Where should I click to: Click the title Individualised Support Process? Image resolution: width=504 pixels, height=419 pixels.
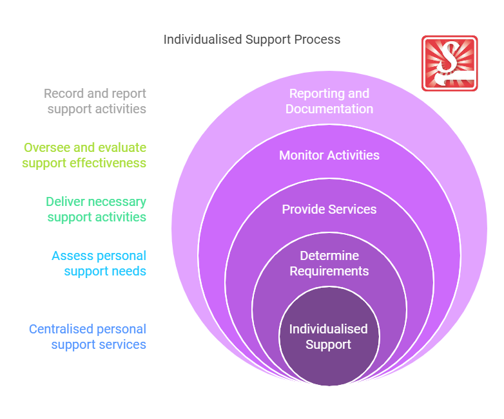tap(252, 39)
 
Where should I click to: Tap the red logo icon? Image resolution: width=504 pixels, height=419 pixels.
tap(449, 63)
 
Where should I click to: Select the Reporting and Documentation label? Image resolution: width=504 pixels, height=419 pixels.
tap(329, 101)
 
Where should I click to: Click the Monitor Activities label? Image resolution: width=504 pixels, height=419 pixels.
tap(329, 155)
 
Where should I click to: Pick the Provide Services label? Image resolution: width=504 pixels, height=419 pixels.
tap(329, 209)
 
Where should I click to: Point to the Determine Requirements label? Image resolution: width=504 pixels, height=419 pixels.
tap(329, 263)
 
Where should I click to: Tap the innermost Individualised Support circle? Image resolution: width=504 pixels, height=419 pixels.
tap(329, 337)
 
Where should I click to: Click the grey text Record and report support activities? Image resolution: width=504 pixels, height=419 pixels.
tap(95, 101)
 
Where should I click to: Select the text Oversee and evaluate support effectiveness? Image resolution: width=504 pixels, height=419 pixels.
tap(84, 155)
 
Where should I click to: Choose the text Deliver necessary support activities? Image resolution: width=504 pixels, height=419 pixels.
tap(96, 209)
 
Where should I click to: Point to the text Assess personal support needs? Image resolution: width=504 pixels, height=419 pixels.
tap(99, 263)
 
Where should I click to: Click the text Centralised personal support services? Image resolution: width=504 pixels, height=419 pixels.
tap(88, 337)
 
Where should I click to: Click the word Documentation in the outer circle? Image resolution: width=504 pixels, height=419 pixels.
tap(329, 109)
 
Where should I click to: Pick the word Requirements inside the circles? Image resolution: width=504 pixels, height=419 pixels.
tap(329, 271)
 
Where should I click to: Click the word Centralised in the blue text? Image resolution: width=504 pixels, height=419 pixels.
tap(60, 329)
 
